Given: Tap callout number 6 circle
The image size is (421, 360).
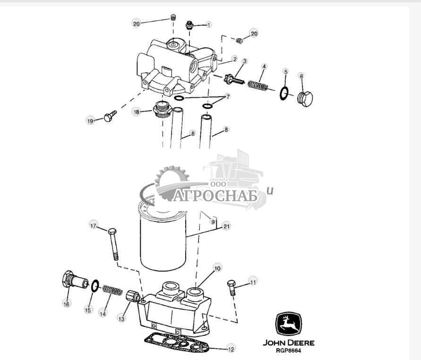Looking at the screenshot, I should [301, 76].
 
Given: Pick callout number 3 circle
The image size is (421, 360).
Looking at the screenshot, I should [245, 61].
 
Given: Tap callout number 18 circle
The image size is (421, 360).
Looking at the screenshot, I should [137, 112].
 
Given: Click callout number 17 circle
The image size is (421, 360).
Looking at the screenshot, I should [93, 226].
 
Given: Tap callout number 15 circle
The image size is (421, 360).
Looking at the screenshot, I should [87, 310].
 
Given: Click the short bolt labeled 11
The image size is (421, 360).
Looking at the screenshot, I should [232, 287].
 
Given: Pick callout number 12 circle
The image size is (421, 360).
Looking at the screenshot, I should [231, 350].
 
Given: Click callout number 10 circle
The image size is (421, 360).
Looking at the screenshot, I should [217, 268].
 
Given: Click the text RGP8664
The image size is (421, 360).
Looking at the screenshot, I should [288, 351].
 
